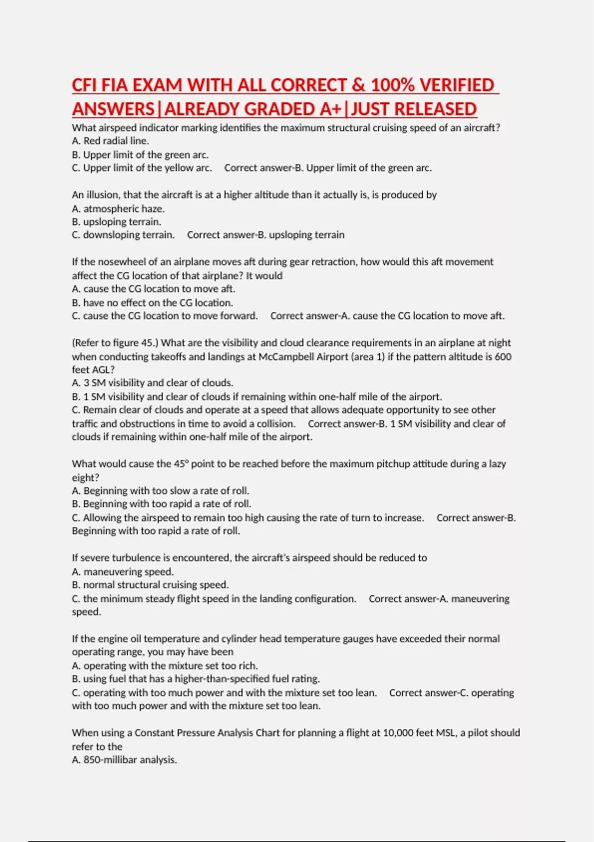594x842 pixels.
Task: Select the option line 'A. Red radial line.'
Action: pyautogui.click(x=110, y=141)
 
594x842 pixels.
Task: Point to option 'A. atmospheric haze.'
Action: pyautogui.click(x=118, y=209)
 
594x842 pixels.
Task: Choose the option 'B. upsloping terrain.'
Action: pyautogui.click(x=117, y=222)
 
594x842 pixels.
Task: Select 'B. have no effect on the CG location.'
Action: pyautogui.click(x=152, y=303)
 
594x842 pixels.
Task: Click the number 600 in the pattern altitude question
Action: pyautogui.click(x=502, y=357)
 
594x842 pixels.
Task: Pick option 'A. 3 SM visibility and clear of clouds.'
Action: pyautogui.click(x=152, y=383)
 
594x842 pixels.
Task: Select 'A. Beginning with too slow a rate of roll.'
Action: pyautogui.click(x=160, y=491)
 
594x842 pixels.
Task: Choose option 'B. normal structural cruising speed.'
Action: pyautogui.click(x=150, y=585)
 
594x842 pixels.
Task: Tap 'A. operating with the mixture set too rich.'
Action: pyautogui.click(x=165, y=666)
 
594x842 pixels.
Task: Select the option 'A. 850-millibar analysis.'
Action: pyautogui.click(x=124, y=760)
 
